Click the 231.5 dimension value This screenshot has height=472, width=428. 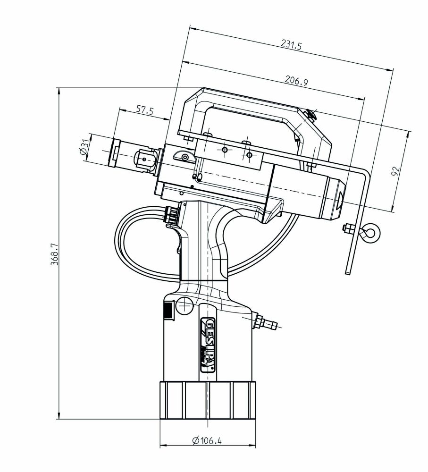tap(291, 45)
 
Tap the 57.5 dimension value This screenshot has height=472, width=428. tap(145, 110)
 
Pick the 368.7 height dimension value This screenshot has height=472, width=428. tap(53, 255)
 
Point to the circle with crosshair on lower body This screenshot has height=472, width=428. tap(183, 308)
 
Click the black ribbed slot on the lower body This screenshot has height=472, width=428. tap(167, 312)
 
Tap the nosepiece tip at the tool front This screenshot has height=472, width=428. tap(115, 152)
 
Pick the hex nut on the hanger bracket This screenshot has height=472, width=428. tap(346, 228)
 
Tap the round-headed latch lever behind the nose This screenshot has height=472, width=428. tap(183, 155)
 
